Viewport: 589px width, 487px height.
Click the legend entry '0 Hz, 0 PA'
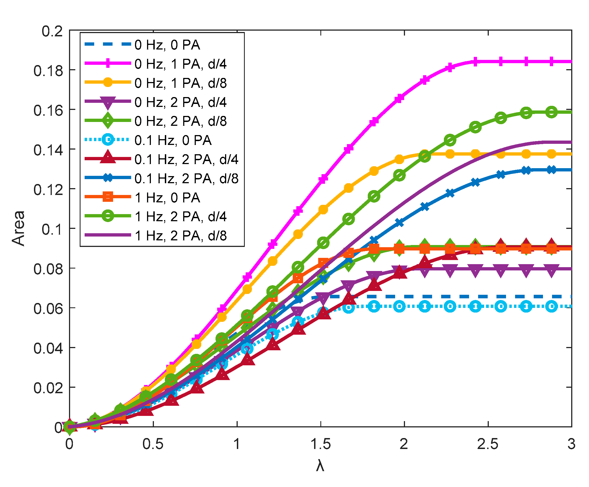coord(167,45)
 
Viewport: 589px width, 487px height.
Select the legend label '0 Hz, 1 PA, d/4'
coord(180,64)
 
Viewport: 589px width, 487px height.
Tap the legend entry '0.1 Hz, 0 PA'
coord(173,140)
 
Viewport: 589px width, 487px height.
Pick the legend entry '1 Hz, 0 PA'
coord(167,198)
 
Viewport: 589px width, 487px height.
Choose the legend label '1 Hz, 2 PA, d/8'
coord(180,236)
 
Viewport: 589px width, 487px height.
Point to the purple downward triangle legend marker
coord(108,103)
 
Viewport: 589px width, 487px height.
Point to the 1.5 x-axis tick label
coord(320,444)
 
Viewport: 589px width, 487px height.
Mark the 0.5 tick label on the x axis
coord(153,444)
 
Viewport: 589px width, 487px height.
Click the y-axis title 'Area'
coord(19,228)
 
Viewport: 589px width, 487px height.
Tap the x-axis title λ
coord(320,466)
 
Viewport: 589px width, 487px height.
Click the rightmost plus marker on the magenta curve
coord(551,61)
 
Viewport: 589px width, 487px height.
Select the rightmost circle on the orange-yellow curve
coord(551,154)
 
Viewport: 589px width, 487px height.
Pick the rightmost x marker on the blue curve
coord(551,170)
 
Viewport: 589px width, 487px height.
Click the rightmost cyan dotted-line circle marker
coord(551,306)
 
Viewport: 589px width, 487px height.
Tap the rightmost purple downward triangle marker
coord(551,270)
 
